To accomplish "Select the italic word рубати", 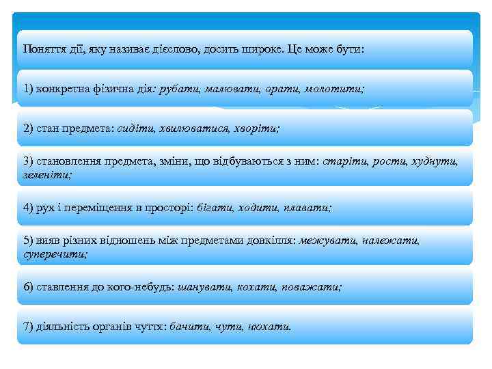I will (178, 89).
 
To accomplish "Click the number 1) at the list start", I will (28, 89).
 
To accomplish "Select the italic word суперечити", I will (55, 254).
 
